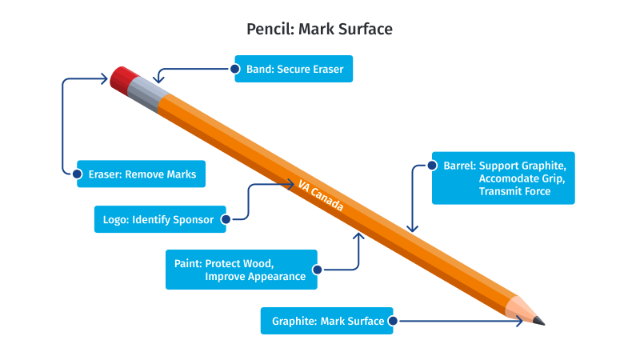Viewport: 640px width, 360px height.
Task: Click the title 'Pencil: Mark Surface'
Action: pos(319,30)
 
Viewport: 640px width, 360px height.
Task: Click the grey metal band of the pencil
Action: pos(149,94)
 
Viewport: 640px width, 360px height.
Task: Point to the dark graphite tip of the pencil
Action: pos(539,320)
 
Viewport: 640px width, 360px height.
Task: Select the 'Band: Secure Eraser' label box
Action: pos(294,70)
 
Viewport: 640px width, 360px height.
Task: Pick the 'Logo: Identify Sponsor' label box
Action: pos(160,218)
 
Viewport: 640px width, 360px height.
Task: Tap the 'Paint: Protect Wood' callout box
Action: pos(242,270)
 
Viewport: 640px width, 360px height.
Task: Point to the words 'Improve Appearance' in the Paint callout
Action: pos(255,277)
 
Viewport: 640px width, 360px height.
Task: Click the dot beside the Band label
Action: pos(236,70)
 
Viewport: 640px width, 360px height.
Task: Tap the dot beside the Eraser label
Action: pos(78,174)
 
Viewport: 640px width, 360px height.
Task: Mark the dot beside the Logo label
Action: pos(226,218)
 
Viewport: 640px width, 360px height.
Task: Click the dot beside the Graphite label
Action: pos(392,321)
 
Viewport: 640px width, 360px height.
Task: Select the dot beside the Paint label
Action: pos(318,270)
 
